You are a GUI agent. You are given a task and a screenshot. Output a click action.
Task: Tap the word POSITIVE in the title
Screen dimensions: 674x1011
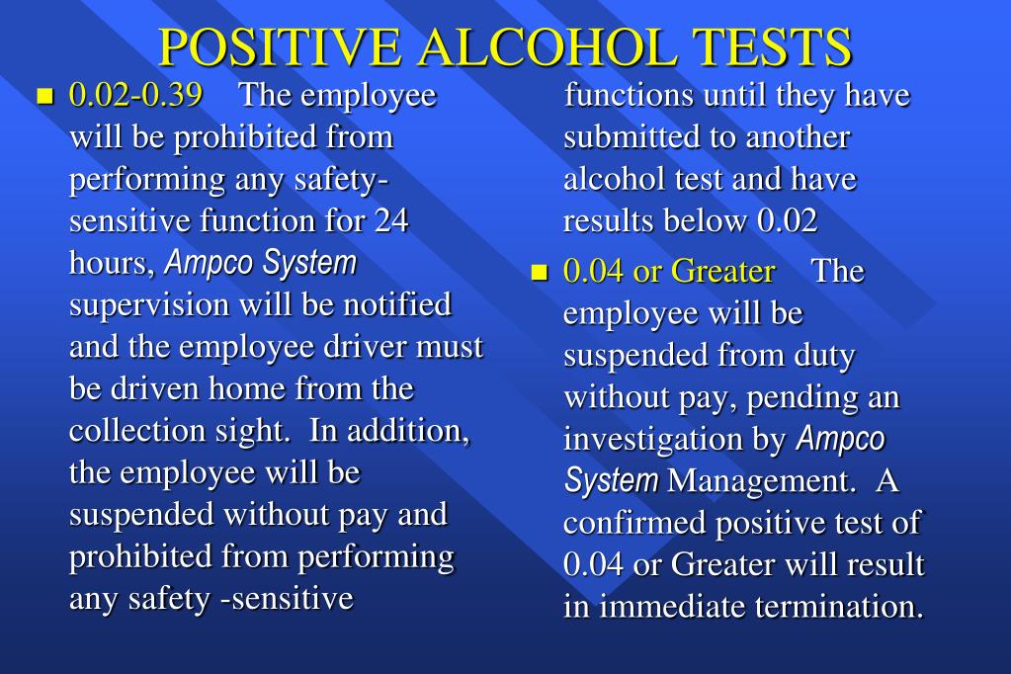280,46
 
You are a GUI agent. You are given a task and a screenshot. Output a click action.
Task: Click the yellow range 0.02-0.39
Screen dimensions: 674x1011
136,96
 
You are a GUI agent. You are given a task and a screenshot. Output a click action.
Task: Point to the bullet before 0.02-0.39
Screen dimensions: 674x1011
42,97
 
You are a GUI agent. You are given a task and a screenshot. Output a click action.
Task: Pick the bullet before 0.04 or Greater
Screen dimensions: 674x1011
539,273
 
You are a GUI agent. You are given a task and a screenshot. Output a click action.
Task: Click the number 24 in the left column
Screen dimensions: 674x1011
391,220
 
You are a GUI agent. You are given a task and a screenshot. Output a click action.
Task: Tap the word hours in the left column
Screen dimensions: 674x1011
110,264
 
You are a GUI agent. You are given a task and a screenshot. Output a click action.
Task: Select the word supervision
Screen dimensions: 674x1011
149,305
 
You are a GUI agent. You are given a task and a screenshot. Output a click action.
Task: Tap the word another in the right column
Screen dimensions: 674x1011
798,137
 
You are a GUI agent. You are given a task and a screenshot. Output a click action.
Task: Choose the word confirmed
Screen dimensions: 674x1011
634,523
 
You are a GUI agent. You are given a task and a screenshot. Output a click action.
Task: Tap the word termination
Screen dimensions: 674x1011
839,606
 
